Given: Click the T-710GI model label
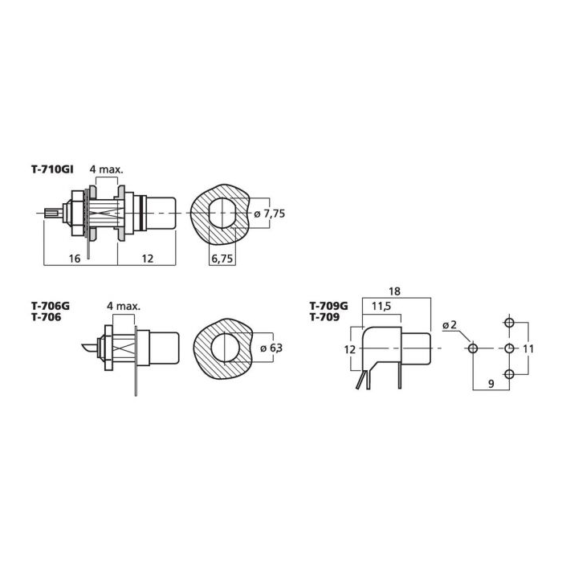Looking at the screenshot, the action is (52, 169).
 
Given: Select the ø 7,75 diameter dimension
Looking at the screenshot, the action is (269, 214).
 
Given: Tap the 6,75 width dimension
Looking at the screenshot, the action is (222, 258).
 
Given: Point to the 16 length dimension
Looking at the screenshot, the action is (75, 258).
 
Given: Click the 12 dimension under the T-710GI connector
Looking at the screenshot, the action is (147, 258).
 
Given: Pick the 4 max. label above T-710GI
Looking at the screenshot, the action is (106, 169).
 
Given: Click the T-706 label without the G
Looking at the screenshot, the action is (47, 317).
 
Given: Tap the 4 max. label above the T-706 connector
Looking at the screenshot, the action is (124, 306).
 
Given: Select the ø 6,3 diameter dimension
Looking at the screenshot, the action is (271, 348).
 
